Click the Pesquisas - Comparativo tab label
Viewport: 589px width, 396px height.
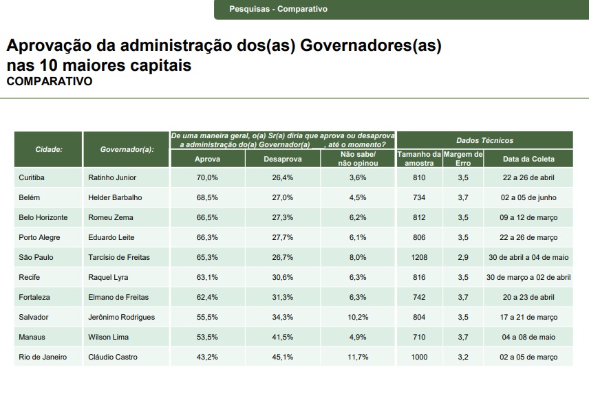[x=278, y=9]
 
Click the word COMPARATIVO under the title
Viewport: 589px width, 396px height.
[x=50, y=81]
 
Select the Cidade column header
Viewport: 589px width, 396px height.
[x=49, y=149]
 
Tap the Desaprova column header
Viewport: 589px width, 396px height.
[x=282, y=159]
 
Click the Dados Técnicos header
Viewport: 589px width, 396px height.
[x=484, y=140]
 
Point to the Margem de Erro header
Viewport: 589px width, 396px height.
[x=463, y=159]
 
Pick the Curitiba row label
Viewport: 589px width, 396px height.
[x=32, y=177]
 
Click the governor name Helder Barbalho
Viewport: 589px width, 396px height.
[x=115, y=197]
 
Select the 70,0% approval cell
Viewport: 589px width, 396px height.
[x=207, y=177]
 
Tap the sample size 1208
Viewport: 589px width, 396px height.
[x=419, y=257]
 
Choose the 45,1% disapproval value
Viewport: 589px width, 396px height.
[x=282, y=357]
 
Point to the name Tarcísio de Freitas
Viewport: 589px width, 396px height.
[x=119, y=257]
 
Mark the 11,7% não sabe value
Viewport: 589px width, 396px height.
[x=358, y=357]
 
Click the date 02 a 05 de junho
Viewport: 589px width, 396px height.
[x=528, y=197]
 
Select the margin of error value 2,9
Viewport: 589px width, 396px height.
[x=463, y=257]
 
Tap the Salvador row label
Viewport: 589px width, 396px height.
[x=33, y=317]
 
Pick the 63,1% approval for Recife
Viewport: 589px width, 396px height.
[x=207, y=277]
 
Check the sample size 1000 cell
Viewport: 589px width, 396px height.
[x=419, y=357]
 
